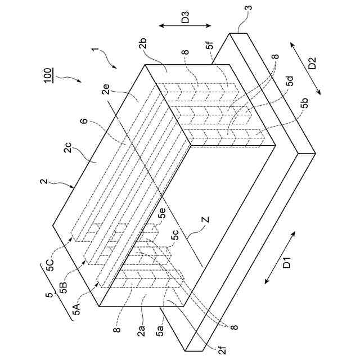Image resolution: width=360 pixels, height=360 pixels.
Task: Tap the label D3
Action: click(184, 19)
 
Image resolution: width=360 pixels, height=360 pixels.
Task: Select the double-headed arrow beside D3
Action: click(184, 26)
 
